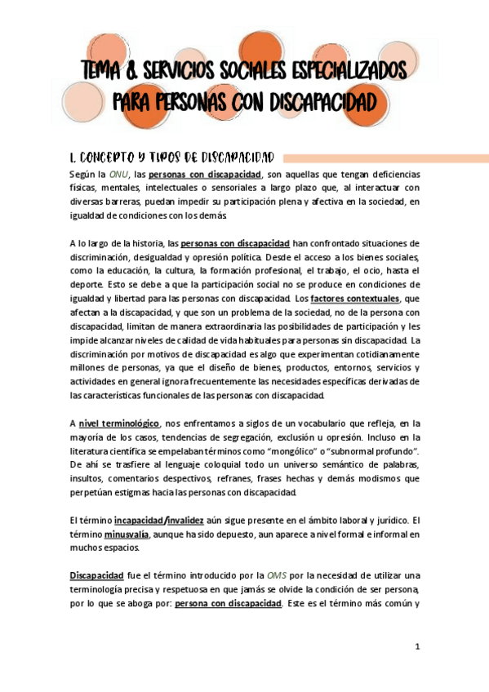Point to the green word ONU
click(x=118, y=175)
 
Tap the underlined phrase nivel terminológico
click(x=118, y=423)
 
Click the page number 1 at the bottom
click(x=416, y=647)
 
